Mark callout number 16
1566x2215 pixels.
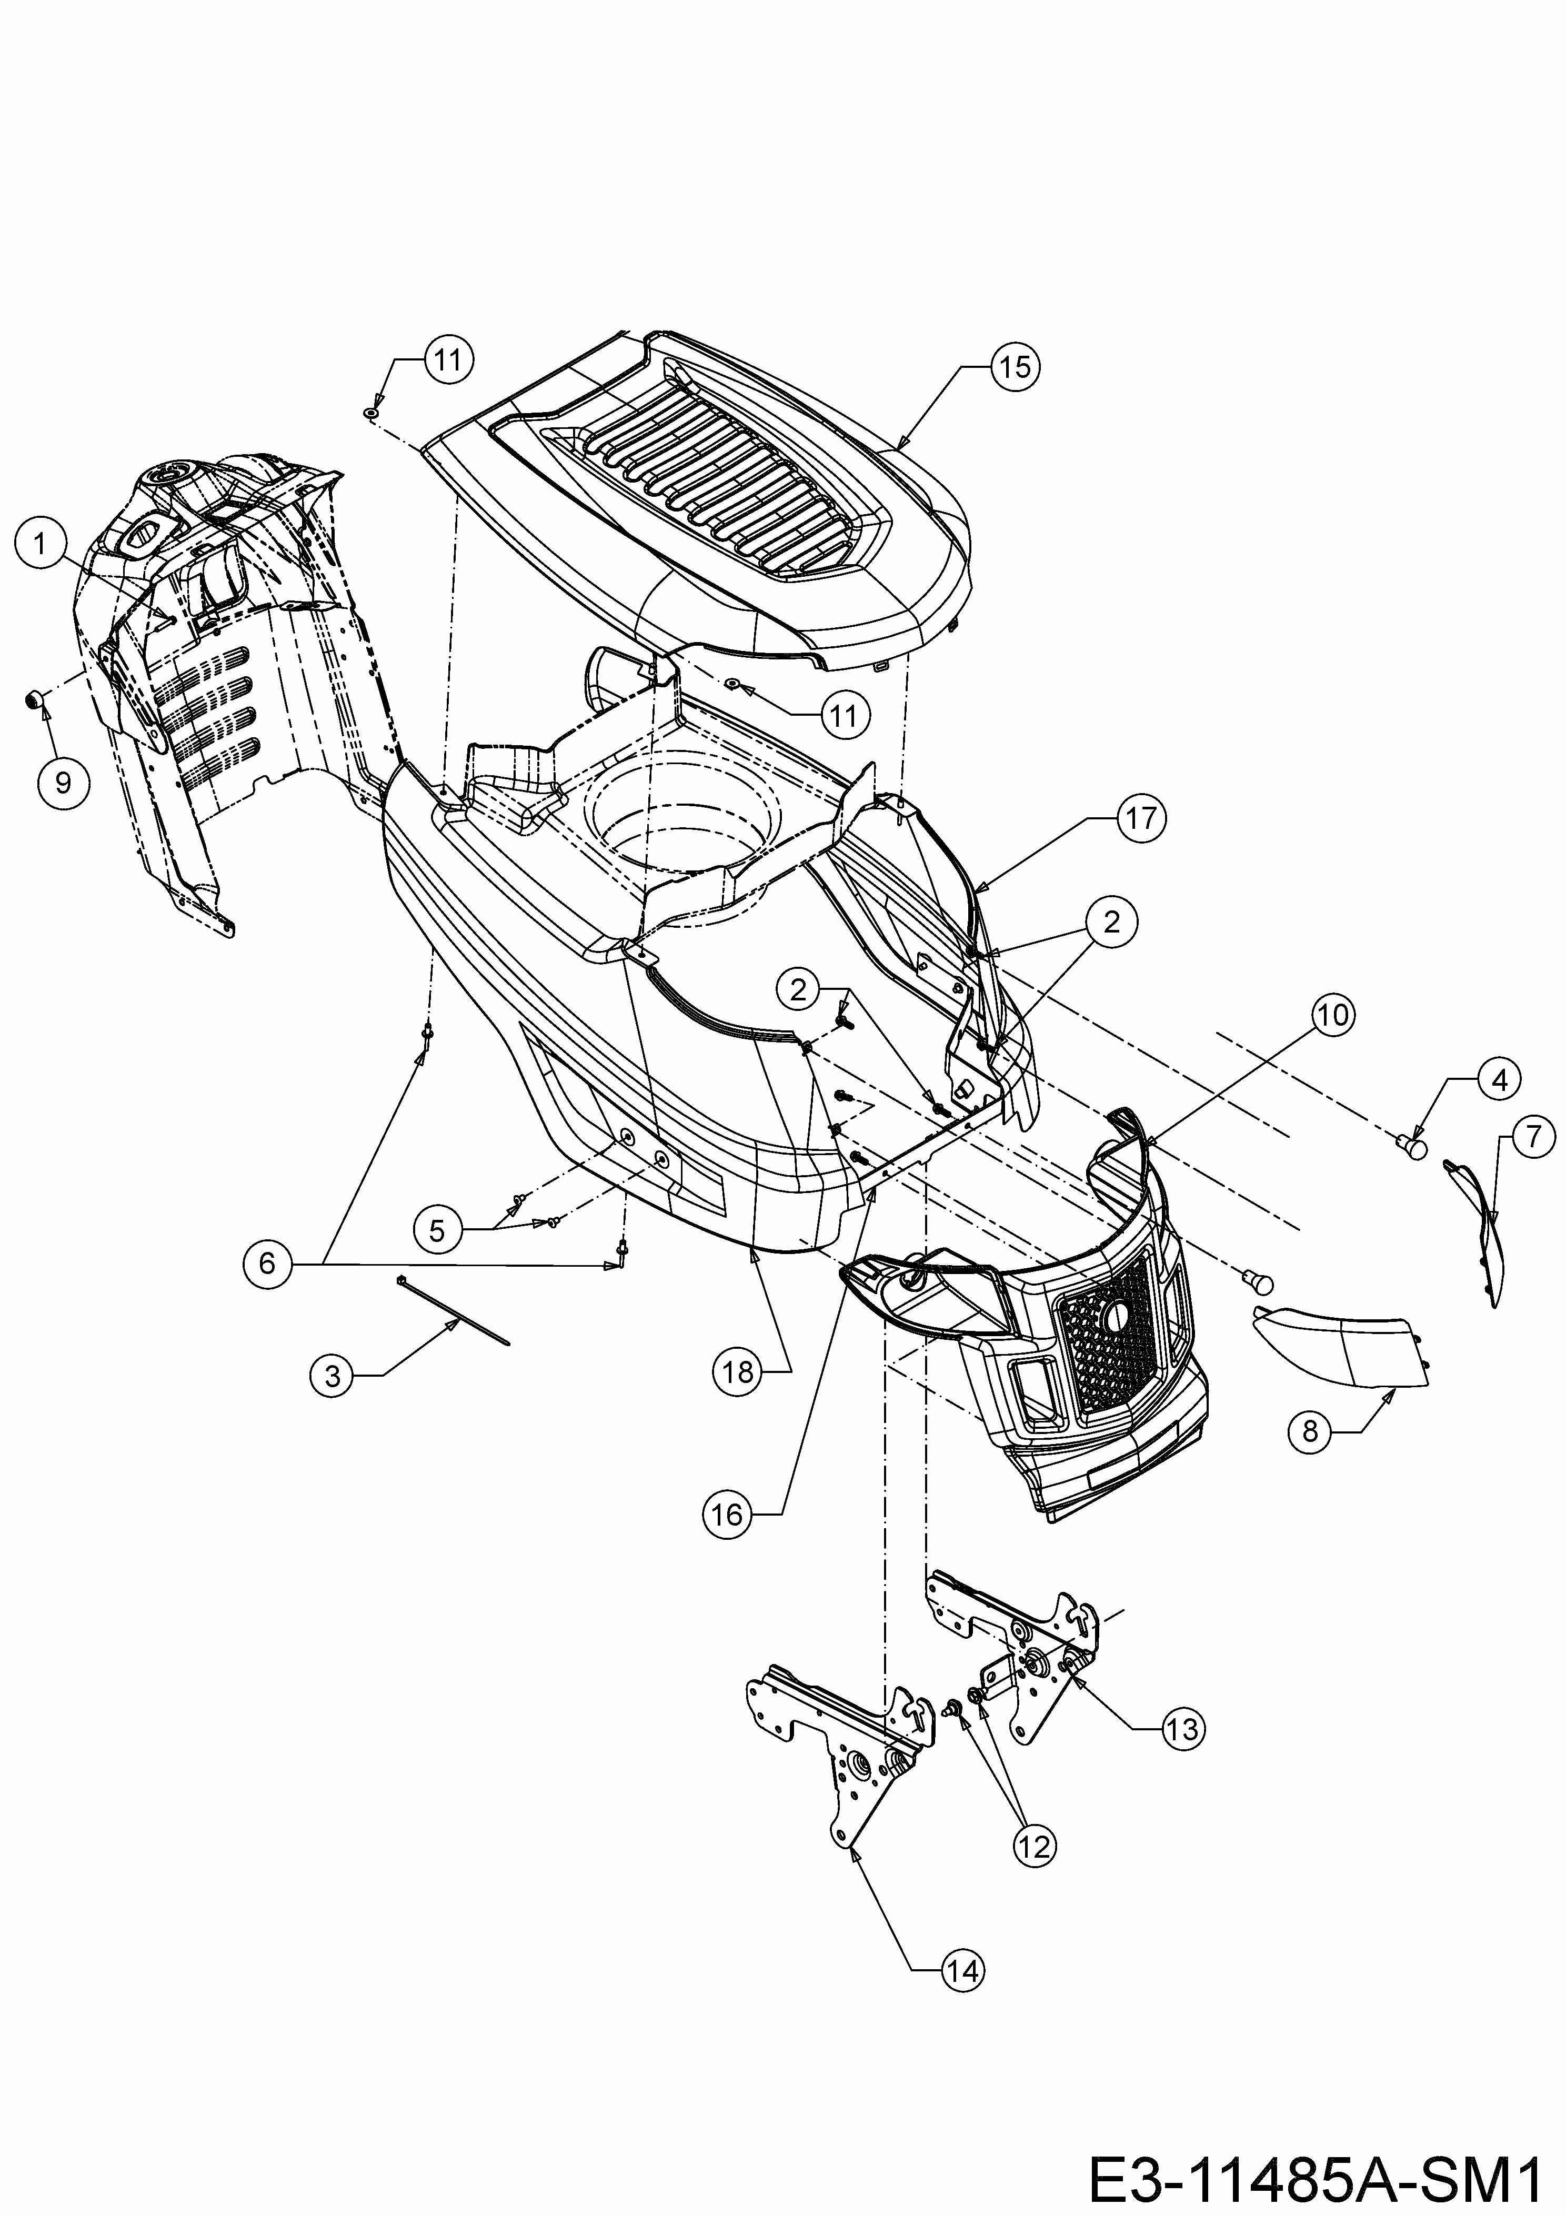[728, 1516]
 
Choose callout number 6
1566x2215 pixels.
[267, 1263]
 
